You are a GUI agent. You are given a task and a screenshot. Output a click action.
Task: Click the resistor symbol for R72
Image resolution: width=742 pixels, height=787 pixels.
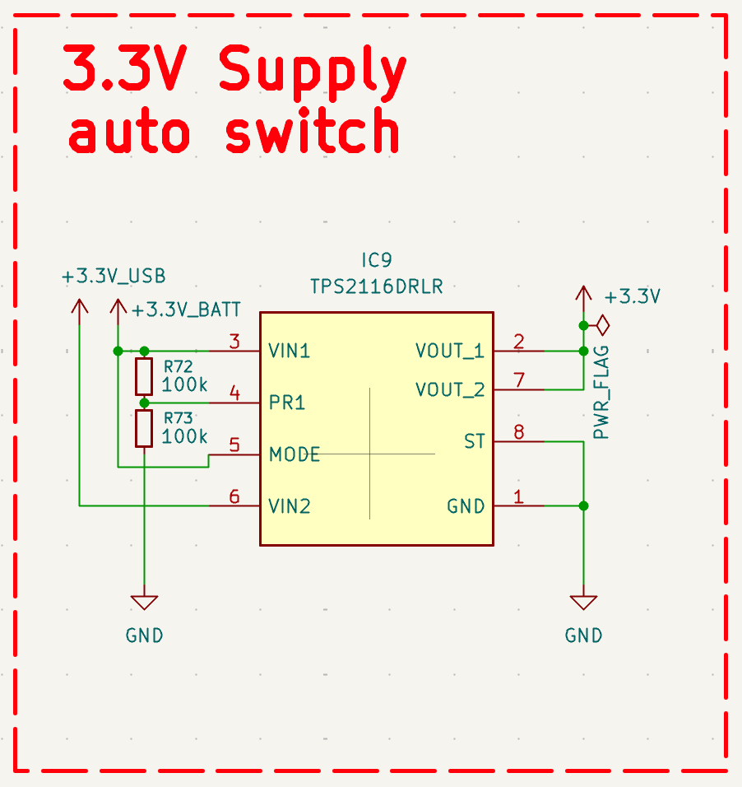(144, 376)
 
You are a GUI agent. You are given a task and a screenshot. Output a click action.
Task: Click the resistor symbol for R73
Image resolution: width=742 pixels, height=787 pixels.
(144, 429)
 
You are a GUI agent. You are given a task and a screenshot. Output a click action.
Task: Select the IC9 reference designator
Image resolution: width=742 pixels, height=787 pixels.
(376, 261)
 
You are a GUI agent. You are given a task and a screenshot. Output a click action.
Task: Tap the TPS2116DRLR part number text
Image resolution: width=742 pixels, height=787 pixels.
(376, 286)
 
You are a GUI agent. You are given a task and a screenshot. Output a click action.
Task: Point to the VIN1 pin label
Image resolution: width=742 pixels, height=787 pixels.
(290, 352)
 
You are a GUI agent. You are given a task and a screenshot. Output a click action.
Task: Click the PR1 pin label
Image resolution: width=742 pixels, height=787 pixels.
(287, 403)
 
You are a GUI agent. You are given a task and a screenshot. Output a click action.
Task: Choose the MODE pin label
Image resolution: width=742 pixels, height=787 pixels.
(294, 454)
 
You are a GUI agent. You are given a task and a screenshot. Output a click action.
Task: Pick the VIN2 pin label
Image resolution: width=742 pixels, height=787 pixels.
(290, 506)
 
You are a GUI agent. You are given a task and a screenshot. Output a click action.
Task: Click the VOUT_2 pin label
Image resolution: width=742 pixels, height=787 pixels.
(450, 389)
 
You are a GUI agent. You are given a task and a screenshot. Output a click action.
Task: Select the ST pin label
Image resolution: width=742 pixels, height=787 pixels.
(475, 442)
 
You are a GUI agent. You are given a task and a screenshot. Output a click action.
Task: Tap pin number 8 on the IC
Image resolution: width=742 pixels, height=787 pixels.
(518, 431)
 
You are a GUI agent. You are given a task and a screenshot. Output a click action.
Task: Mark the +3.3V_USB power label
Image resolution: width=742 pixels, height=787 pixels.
(114, 277)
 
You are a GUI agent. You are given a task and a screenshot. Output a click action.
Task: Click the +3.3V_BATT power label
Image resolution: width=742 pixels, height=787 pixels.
(187, 310)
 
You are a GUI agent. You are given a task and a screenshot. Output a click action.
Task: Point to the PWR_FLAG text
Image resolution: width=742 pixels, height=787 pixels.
(602, 392)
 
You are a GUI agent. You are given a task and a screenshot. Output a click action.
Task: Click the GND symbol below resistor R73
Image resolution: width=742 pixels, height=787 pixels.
(144, 603)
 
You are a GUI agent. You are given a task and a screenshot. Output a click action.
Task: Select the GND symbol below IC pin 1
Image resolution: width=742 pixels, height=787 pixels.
(583, 603)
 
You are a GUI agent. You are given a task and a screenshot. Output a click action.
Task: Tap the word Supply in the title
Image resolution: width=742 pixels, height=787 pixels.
(313, 72)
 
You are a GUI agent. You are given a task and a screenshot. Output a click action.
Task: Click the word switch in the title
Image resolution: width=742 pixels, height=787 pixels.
(313, 132)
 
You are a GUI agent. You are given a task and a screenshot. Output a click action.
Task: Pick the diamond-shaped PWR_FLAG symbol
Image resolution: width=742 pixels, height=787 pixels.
(602, 325)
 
